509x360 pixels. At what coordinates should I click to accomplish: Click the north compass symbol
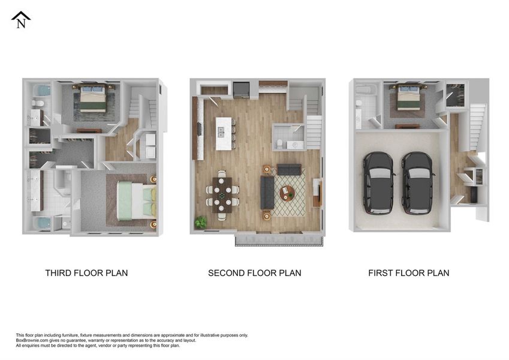point(21,20)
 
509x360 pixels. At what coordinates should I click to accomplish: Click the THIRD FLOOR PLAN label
point(86,273)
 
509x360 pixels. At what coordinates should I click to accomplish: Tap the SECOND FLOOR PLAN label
point(254,273)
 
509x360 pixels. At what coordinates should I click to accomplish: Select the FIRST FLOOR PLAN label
point(408,273)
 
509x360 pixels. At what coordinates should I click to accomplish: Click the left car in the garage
point(379,183)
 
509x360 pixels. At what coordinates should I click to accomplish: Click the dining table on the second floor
point(222,194)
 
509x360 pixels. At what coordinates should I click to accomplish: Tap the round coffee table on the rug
point(287,193)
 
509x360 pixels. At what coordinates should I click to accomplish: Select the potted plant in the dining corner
point(200,223)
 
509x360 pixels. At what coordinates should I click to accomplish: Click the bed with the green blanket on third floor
point(135,200)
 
